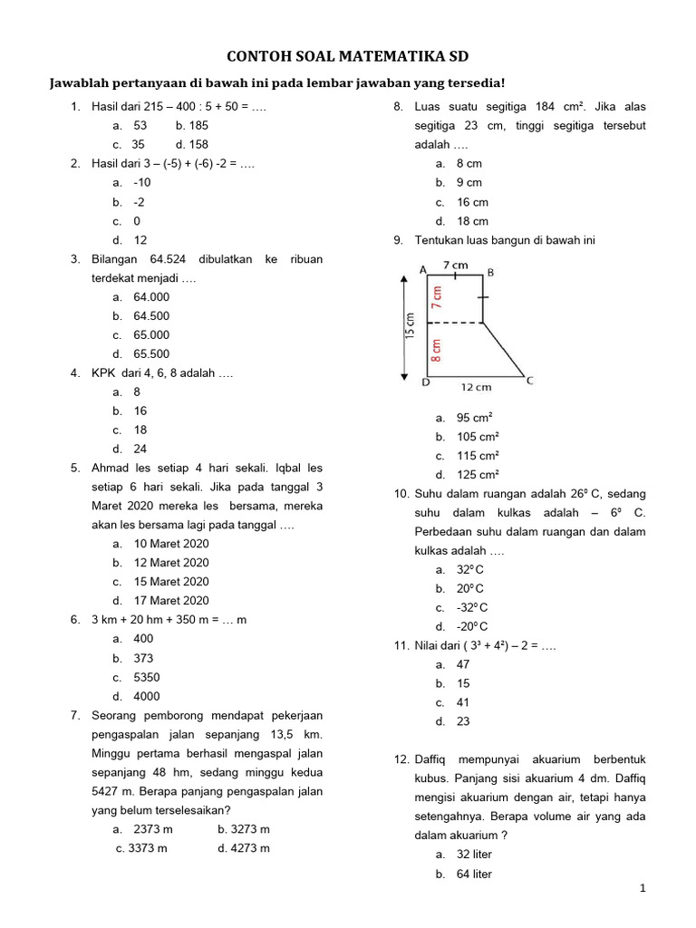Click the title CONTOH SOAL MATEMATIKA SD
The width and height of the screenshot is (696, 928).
click(x=348, y=56)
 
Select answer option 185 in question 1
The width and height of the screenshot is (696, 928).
click(x=192, y=126)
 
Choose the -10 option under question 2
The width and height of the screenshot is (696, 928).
click(x=142, y=182)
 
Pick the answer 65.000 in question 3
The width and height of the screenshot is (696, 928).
click(x=151, y=334)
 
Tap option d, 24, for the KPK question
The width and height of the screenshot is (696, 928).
click(x=140, y=449)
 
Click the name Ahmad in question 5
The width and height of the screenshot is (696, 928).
click(x=109, y=469)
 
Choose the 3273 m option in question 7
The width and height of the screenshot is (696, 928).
click(x=244, y=829)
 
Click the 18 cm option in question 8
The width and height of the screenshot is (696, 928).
click(x=472, y=221)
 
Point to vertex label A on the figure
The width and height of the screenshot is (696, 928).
click(x=423, y=269)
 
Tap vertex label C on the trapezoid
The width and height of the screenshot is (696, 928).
click(x=530, y=381)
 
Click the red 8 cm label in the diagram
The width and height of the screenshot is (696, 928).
click(x=437, y=350)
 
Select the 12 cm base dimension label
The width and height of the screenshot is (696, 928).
click(x=476, y=388)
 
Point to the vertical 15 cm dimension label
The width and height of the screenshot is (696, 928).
click(x=410, y=326)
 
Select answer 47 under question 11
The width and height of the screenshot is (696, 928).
click(x=463, y=664)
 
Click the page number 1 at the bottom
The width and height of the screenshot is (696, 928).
click(x=642, y=890)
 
